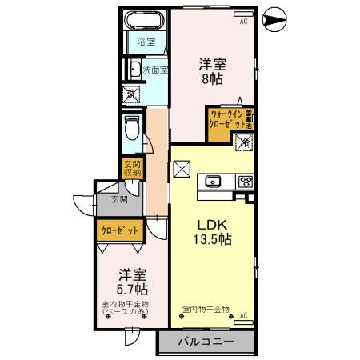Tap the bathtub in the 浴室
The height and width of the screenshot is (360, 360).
tap(146, 19)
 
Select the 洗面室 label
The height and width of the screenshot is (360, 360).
tap(155, 70)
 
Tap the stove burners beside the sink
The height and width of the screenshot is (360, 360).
tap(244, 181)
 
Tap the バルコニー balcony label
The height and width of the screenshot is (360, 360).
tap(205, 342)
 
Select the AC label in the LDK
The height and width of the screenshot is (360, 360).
tap(243, 315)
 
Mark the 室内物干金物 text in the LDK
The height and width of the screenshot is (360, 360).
tap(206, 309)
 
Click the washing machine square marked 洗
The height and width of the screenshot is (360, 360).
tap(130, 94)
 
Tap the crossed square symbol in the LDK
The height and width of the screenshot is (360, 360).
tap(182, 170)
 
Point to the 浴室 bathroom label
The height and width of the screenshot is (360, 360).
tap(146, 41)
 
